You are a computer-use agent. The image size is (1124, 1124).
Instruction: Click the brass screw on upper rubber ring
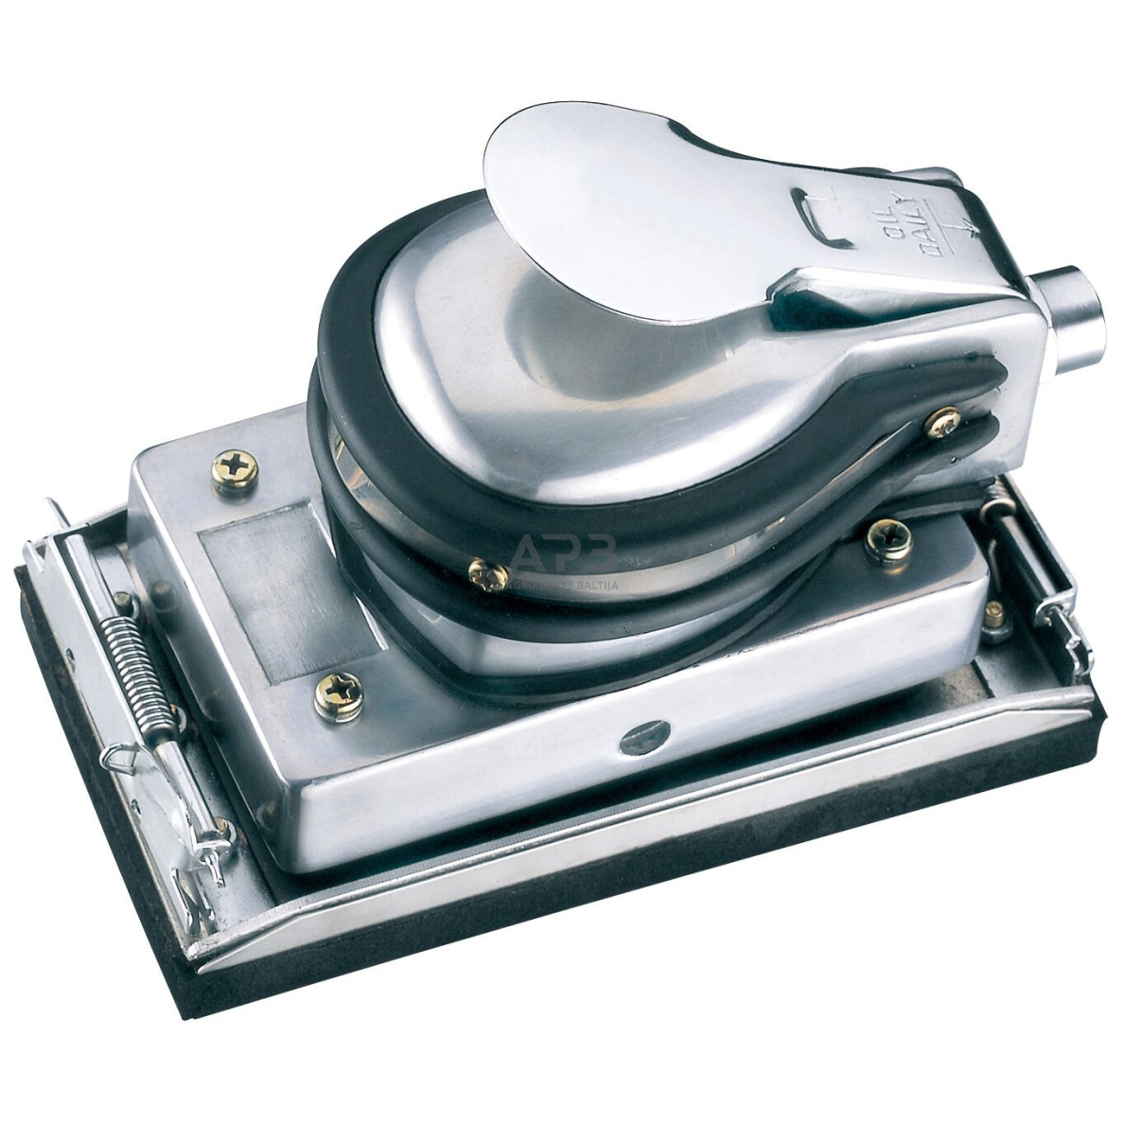(942, 421)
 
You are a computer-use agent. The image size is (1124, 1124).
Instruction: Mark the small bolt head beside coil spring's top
(123, 602)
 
